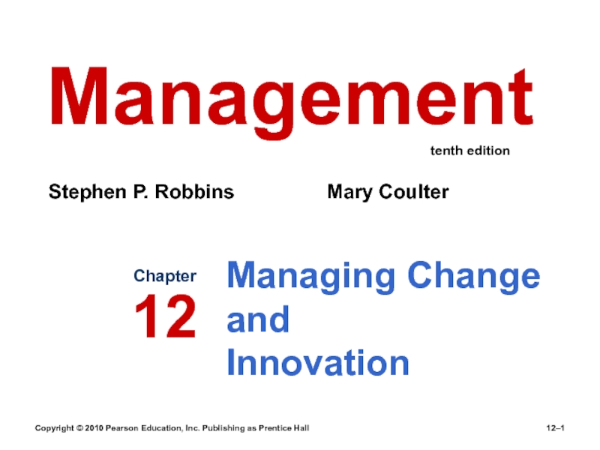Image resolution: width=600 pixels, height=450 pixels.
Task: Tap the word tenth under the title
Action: click(447, 151)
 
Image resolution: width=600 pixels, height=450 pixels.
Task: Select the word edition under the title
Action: click(489, 151)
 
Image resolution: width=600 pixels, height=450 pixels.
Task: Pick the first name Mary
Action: click(348, 193)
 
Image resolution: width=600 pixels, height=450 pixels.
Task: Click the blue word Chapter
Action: click(165, 276)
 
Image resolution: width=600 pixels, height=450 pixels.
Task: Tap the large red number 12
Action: click(165, 316)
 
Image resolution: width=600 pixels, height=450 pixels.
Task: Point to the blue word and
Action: click(257, 320)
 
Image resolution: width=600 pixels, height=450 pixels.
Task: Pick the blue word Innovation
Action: click(318, 364)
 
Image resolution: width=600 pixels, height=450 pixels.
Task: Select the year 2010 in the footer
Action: click(95, 427)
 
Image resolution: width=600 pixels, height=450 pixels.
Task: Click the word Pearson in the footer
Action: click(126, 427)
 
